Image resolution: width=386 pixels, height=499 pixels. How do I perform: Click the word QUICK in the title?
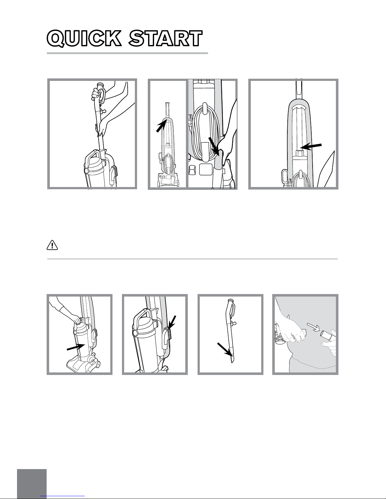tap(84, 39)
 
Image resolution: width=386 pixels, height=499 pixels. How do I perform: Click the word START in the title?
tap(165, 39)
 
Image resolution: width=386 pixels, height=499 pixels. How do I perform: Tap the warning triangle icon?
tap(52, 245)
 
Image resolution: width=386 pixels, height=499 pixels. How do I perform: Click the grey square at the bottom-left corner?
tap(32, 484)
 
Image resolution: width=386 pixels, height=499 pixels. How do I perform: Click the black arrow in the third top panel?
tap(311, 146)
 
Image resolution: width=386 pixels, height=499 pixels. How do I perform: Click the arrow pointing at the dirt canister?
tap(76, 347)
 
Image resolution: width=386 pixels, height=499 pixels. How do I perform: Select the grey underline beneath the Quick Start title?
tap(127, 53)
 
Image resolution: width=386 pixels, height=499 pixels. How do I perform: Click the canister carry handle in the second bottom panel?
tap(142, 316)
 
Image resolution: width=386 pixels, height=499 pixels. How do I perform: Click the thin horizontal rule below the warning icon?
tap(193, 259)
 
